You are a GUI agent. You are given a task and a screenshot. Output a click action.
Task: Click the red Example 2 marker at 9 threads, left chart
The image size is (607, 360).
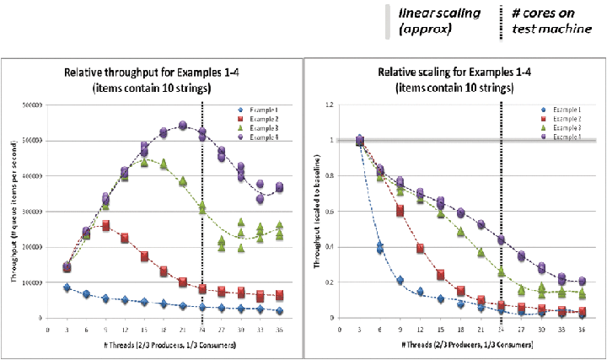(105, 226)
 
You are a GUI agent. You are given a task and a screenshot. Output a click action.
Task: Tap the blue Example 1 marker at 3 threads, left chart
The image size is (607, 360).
(67, 288)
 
